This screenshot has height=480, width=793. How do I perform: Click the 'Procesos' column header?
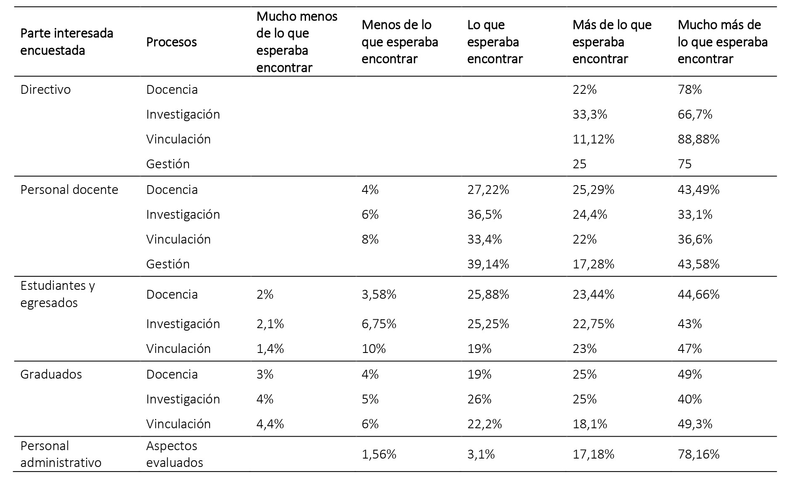tap(171, 42)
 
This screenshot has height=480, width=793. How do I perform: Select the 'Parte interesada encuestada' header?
tap(67, 42)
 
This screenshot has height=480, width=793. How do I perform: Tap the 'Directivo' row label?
tap(45, 90)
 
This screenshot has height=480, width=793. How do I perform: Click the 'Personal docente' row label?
tap(69, 190)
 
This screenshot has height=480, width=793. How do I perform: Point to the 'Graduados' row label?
tap(51, 374)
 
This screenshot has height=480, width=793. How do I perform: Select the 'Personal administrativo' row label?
tap(61, 454)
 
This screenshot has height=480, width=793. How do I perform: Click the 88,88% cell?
tap(698, 139)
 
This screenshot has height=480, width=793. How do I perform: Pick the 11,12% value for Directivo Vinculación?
tap(593, 139)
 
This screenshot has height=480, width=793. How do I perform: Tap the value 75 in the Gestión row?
tap(684, 164)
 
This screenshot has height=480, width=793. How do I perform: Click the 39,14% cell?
tap(488, 264)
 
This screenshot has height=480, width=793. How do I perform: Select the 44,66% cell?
tap(698, 294)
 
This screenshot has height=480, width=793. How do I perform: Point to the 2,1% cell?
tap(270, 324)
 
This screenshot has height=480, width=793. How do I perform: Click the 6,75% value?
tap(379, 324)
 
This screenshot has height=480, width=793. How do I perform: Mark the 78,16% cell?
tap(698, 454)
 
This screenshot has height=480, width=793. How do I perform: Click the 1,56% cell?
tap(379, 454)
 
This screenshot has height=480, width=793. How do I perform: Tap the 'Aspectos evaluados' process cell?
tap(174, 454)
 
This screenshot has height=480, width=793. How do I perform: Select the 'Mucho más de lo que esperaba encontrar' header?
tap(722, 42)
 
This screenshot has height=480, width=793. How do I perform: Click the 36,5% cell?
tap(484, 215)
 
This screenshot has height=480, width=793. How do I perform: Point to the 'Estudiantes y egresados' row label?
tap(58, 294)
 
